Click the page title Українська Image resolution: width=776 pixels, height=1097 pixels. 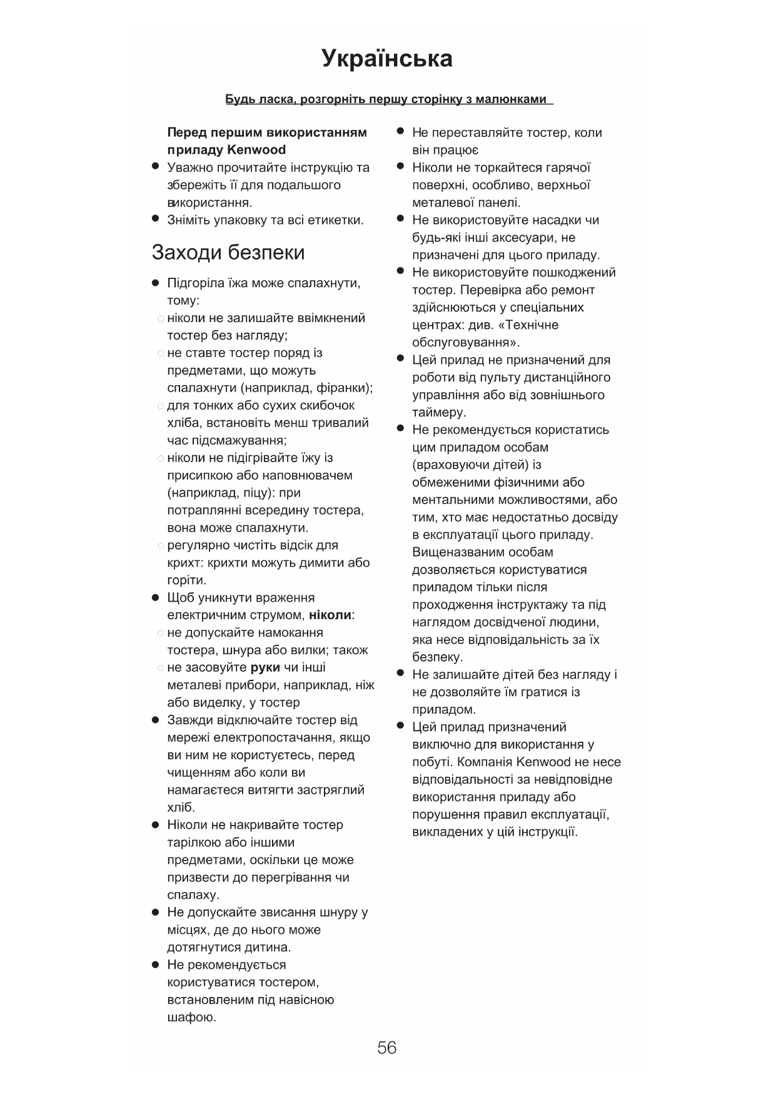(x=387, y=59)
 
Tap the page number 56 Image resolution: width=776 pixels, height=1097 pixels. (x=387, y=1048)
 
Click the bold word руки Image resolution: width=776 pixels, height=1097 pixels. (x=265, y=667)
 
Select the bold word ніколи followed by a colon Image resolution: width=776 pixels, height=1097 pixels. (x=330, y=615)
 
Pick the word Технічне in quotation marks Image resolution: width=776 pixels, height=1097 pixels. (x=532, y=325)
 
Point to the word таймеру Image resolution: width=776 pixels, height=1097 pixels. (x=439, y=413)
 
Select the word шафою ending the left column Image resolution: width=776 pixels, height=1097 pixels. (x=191, y=1018)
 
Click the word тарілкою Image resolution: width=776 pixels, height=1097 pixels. (x=198, y=842)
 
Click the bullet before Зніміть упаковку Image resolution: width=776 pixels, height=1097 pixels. (x=156, y=220)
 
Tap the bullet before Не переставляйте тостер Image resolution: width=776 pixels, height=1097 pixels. (x=401, y=132)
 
